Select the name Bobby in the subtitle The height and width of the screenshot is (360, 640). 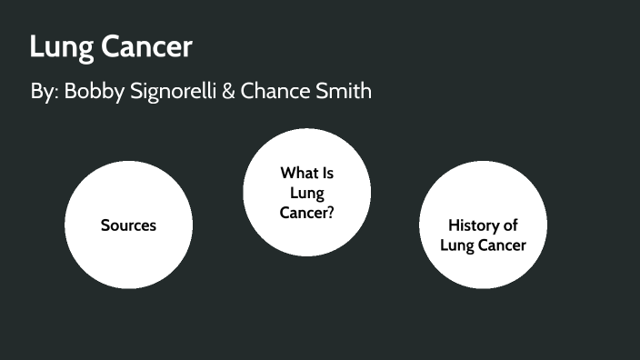pyautogui.click(x=94, y=93)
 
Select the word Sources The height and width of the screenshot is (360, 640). pyautogui.click(x=128, y=225)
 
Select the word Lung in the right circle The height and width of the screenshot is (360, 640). pyautogui.click(x=455, y=245)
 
